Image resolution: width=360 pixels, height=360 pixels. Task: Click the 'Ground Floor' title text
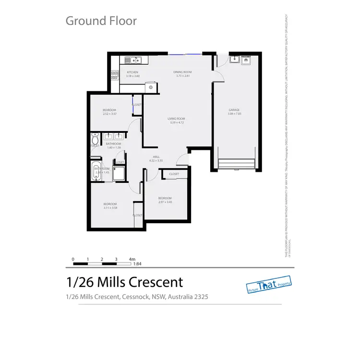pos(101,21)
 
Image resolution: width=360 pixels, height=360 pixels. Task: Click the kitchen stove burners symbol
pos(115,75)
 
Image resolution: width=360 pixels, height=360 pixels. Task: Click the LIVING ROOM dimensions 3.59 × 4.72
pos(177,123)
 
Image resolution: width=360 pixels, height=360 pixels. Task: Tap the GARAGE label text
pos(234,110)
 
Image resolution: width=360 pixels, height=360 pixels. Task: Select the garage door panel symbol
pos(237,163)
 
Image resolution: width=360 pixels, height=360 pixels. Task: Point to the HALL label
pos(156,157)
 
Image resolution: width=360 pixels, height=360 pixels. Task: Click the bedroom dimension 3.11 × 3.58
pos(110,208)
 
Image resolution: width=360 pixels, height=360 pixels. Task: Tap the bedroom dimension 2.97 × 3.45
pos(165,203)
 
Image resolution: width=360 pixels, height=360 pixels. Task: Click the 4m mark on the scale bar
pos(132,259)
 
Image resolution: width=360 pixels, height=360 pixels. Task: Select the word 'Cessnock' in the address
pos(133,297)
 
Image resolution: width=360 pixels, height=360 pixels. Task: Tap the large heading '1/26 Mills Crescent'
pos(124,282)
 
